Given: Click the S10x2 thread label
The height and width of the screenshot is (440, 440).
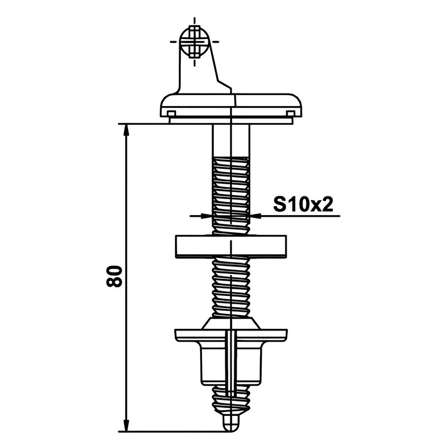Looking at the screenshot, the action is click(x=303, y=204).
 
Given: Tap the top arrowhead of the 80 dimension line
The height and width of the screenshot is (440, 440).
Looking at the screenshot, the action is click(x=127, y=130).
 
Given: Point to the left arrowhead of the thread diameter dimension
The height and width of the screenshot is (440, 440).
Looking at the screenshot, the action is click(x=206, y=216).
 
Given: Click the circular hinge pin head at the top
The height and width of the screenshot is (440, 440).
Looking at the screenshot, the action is click(x=195, y=42).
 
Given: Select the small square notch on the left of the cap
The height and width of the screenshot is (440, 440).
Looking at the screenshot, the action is click(x=171, y=113).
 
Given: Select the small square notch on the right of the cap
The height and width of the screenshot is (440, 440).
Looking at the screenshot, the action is click(x=290, y=113).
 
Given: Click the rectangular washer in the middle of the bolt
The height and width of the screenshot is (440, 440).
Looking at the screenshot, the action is click(x=230, y=246).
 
